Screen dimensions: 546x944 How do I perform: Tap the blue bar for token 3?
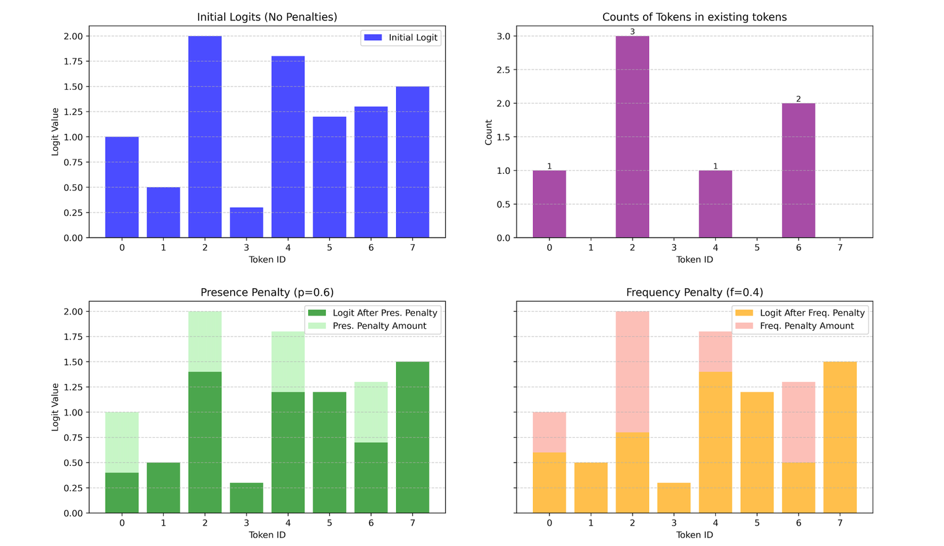(246, 222)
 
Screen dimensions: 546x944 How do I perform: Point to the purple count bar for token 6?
(798, 170)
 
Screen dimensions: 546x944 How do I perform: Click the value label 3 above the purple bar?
(633, 31)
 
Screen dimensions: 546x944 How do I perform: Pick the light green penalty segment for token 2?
(205, 341)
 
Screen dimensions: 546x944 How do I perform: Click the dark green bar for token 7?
(412, 437)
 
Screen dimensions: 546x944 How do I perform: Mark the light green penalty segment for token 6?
(371, 412)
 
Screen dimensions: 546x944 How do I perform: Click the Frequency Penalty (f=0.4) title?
(695, 292)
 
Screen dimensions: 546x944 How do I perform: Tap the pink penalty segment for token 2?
(633, 371)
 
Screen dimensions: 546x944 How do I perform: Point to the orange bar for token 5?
(757, 452)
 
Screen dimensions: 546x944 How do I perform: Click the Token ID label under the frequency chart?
(695, 535)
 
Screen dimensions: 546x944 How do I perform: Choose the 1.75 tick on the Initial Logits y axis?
(83, 62)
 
